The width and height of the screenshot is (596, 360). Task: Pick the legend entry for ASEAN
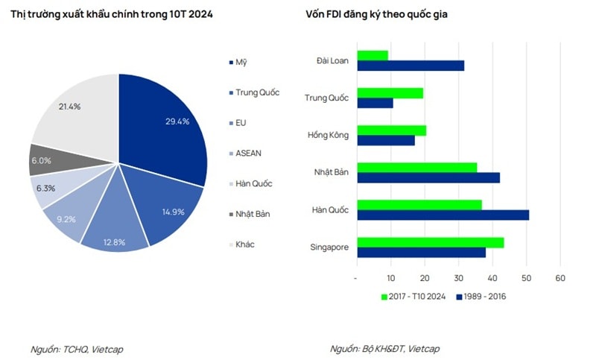[x=248, y=153]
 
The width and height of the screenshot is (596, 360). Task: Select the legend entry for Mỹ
[x=241, y=62]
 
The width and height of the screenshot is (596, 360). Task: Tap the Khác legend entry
[x=245, y=244]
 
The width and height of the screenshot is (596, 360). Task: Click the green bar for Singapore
[x=431, y=242]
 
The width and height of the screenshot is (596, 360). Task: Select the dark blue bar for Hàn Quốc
[x=443, y=215]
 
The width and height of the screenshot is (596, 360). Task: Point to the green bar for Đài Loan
[x=372, y=55]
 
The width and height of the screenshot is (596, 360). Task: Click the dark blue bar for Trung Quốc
[x=375, y=103]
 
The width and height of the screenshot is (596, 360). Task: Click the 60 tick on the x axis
[x=560, y=278]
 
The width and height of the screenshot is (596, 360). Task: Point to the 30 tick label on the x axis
[x=458, y=278]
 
